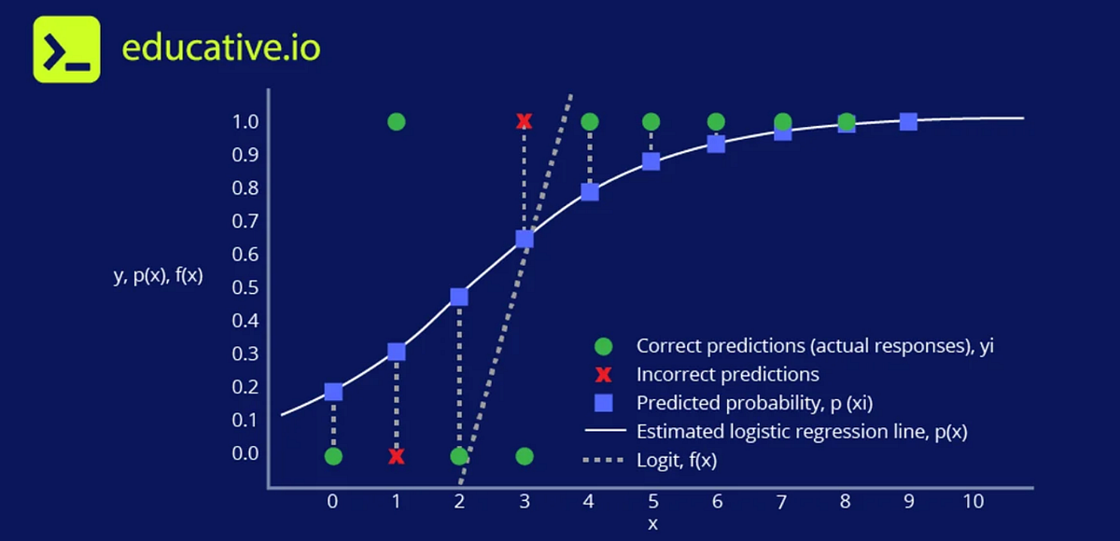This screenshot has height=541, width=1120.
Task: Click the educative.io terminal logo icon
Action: [66, 49]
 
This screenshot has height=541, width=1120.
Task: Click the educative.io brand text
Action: [221, 49]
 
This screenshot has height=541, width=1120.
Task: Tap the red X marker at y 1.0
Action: [525, 121]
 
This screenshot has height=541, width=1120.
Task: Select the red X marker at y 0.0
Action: [397, 456]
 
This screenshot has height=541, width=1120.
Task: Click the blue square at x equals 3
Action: [525, 239]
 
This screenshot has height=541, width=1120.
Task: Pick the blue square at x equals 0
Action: [333, 392]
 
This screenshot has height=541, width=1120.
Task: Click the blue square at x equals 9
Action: [908, 121]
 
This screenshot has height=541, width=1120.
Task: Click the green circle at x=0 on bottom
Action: [333, 456]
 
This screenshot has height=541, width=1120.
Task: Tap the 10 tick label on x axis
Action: [973, 501]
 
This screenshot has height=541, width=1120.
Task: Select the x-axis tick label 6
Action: [716, 501]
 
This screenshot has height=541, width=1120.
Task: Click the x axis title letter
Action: [652, 524]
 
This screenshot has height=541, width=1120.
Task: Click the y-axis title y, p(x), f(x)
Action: [158, 276]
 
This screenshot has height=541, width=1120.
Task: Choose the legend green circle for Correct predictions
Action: [604, 346]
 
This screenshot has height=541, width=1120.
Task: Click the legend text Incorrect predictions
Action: [727, 375]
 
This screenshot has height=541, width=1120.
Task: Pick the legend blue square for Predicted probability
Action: [604, 403]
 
